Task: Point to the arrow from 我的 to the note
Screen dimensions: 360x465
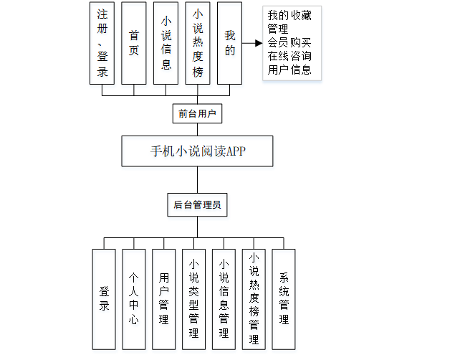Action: (251, 43)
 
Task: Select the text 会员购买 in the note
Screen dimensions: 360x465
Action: (289, 43)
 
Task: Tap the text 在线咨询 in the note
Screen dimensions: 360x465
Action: (289, 56)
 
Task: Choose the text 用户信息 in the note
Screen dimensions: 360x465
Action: (289, 70)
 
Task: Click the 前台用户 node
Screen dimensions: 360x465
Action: (197, 113)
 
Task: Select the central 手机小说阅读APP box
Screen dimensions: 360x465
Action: (198, 151)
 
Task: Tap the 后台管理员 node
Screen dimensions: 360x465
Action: (197, 204)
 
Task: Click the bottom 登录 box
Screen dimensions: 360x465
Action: (104, 298)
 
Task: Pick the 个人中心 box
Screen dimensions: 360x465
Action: (133, 298)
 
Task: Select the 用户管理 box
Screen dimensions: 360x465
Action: (163, 298)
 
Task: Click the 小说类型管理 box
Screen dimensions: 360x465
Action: (193, 298)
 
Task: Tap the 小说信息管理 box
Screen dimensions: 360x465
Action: (224, 298)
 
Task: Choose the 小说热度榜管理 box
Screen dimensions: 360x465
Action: (254, 298)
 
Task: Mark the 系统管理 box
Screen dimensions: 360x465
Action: (284, 298)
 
